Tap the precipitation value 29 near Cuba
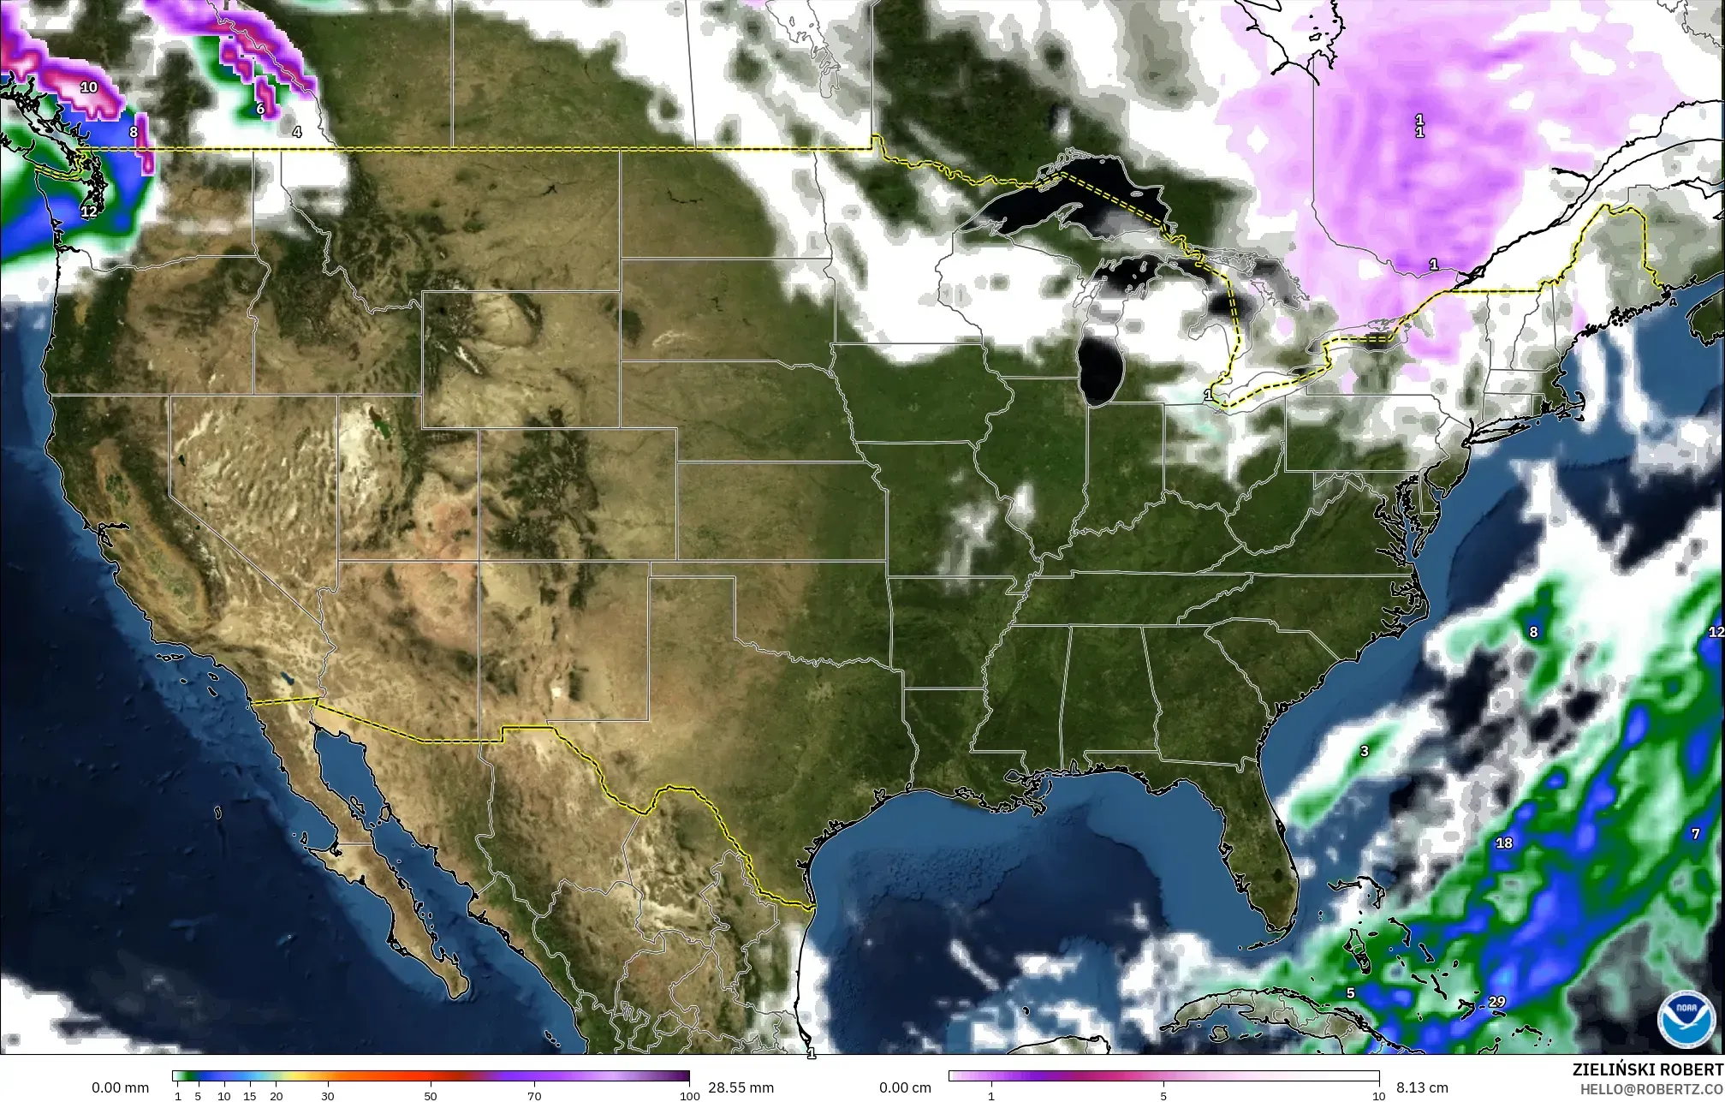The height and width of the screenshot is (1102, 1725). coord(1496,1002)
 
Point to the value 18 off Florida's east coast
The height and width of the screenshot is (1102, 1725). coord(1503,843)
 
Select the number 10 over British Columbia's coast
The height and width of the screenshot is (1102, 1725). coord(89,86)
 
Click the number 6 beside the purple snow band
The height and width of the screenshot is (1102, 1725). coord(260,109)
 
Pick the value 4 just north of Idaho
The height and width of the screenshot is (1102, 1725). coord(296,132)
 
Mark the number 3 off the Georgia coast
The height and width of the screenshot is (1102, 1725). coord(1365,751)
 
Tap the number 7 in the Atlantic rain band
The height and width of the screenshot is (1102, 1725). coord(1695,833)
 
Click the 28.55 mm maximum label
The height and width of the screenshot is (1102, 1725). coord(740,1087)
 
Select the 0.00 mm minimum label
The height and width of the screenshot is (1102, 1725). coord(120,1087)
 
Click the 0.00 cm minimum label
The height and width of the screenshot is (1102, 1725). coord(906,1087)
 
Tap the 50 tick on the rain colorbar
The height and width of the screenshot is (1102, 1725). coord(431,1096)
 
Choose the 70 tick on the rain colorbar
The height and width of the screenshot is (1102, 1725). coord(534,1096)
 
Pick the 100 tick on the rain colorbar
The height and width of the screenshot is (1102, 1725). coord(685,1096)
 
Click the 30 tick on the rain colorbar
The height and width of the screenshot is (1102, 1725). coord(328,1096)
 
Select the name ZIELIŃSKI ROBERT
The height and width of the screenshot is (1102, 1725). coord(1647,1070)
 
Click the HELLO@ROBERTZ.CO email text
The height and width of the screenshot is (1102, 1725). coord(1651,1088)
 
